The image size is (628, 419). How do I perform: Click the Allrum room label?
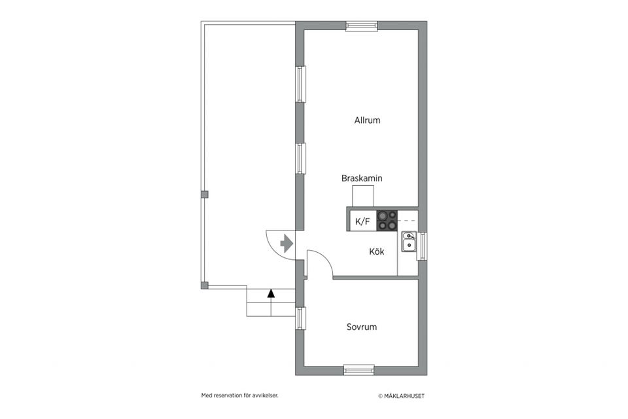[367, 120]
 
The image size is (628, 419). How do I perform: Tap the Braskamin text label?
[362, 178]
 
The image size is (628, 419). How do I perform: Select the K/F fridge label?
[362, 221]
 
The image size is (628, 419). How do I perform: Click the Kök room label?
[376, 251]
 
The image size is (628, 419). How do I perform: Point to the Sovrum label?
[362, 327]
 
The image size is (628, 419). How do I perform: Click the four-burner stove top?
[387, 219]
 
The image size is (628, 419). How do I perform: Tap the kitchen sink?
[409, 242]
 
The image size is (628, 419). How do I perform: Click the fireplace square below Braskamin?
[363, 196]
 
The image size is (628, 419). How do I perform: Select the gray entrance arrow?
[286, 244]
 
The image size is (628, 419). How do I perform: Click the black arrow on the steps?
[271, 294]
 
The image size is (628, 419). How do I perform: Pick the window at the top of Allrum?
[362, 26]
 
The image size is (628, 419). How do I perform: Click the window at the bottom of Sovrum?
[359, 370]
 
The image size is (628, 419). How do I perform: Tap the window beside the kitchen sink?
[422, 246]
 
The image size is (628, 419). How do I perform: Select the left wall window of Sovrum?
[300, 319]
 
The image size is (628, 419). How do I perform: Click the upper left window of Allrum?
[300, 84]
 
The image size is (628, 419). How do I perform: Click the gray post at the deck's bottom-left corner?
[205, 285]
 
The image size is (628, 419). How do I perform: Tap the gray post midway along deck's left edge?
[205, 194]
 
